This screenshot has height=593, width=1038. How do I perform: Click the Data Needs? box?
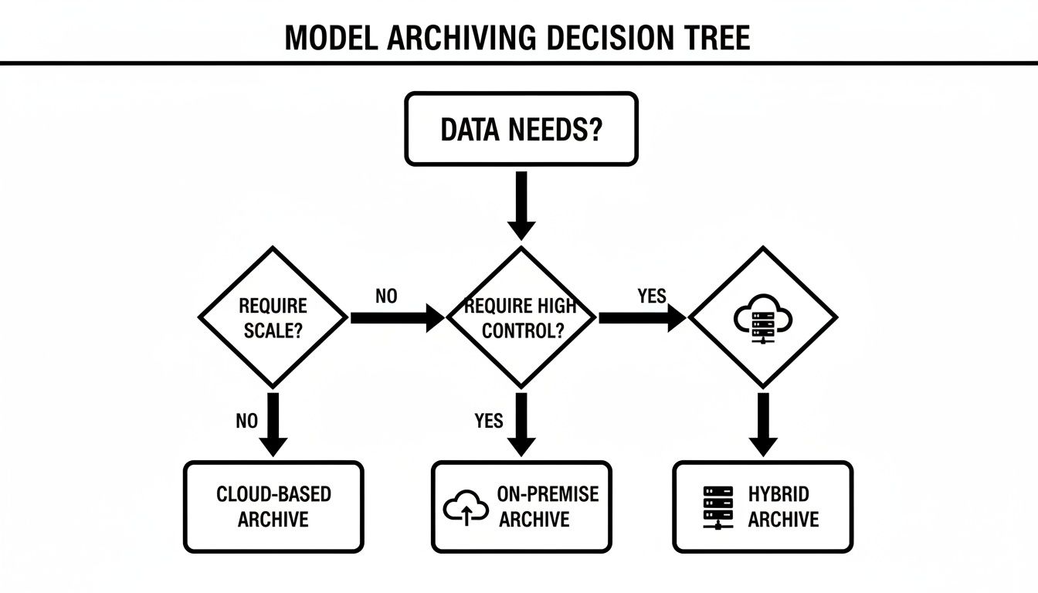521,129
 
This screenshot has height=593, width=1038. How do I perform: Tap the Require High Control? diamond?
521,317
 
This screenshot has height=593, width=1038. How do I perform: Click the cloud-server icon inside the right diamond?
762,317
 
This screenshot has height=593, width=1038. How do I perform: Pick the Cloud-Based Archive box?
273,507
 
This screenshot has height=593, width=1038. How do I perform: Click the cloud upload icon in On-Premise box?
466,507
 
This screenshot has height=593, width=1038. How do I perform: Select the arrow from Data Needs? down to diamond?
521,205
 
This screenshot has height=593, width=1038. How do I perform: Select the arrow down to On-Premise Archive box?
521,425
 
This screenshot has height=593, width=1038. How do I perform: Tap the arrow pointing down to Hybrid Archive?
763,425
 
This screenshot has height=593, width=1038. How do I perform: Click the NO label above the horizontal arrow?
386,296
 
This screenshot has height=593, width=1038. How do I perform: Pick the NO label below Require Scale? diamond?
246,421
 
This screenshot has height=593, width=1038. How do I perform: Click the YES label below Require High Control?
488,421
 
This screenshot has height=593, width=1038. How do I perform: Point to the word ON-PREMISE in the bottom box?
548,495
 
